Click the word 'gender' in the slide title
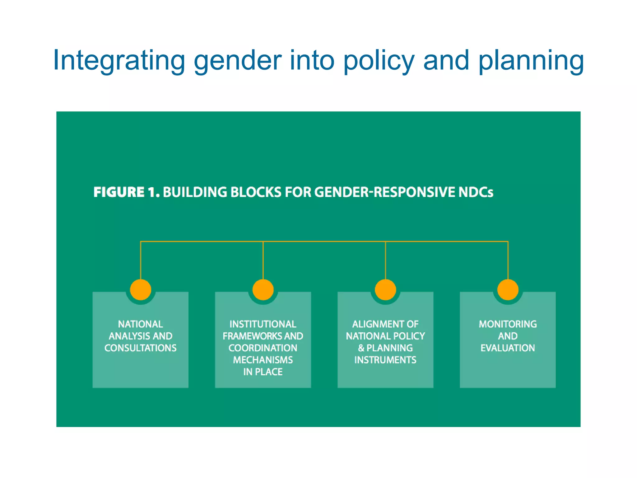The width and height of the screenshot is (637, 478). pyautogui.click(x=237, y=61)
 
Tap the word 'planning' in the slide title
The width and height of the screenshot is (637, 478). pyautogui.click(x=531, y=61)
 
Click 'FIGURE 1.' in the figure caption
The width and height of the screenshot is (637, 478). pyautogui.click(x=127, y=192)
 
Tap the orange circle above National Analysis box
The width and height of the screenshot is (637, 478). pyautogui.click(x=141, y=289)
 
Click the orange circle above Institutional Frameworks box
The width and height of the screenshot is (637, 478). pyautogui.click(x=263, y=289)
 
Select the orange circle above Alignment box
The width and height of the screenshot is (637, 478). pyautogui.click(x=385, y=289)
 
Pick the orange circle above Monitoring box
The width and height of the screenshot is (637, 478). pyautogui.click(x=508, y=289)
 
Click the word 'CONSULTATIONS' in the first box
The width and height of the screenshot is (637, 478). pyautogui.click(x=141, y=348)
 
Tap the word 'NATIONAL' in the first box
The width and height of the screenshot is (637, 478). pyautogui.click(x=141, y=324)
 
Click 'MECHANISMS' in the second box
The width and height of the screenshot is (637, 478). pyautogui.click(x=263, y=360)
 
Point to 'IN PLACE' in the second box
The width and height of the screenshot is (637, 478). pyautogui.click(x=263, y=372)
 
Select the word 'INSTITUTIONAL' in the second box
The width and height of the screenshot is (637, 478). pyautogui.click(x=263, y=324)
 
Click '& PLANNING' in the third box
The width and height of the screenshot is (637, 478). pyautogui.click(x=385, y=348)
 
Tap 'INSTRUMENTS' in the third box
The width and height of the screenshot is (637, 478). pyautogui.click(x=385, y=360)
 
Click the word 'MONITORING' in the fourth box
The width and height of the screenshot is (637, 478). pyautogui.click(x=508, y=324)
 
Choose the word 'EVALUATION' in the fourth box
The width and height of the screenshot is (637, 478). pyautogui.click(x=508, y=348)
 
